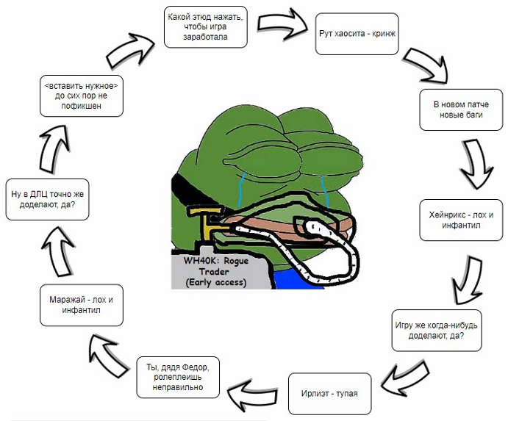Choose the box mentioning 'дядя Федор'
178,377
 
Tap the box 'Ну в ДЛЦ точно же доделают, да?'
47,200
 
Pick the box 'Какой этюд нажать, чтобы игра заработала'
205,26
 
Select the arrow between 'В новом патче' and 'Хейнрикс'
476,163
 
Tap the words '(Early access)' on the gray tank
216,282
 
